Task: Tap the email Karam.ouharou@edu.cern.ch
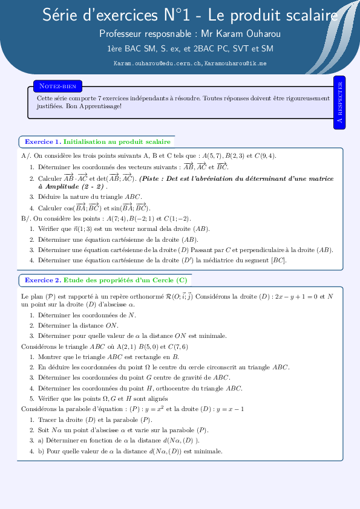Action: (157, 63)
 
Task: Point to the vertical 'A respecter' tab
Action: (339, 103)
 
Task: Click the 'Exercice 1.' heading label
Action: (42, 141)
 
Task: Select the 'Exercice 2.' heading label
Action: (42, 280)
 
